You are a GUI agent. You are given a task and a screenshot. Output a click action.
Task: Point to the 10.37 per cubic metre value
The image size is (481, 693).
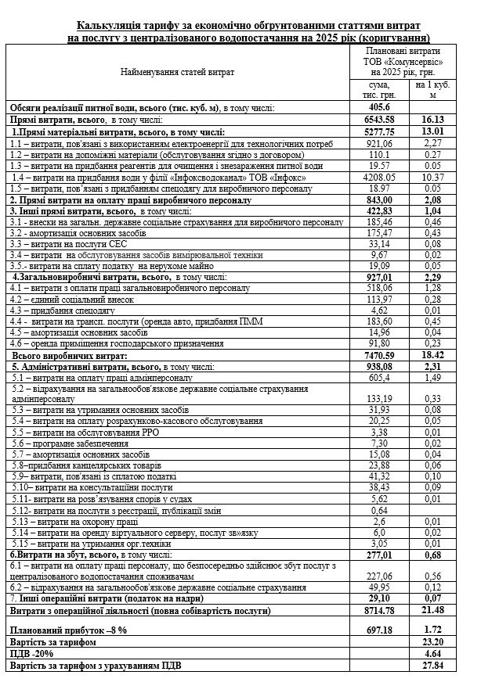[432, 178]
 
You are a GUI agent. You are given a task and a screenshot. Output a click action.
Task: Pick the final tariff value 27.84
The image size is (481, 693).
[432, 665]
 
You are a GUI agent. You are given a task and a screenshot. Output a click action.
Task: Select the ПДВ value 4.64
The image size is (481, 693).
[432, 652]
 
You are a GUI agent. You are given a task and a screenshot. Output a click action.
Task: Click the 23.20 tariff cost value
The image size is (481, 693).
[432, 641]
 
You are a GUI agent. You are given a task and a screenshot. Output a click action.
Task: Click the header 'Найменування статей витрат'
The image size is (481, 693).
[177, 71]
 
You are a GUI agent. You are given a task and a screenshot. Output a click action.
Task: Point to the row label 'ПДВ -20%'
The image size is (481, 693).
[32, 652]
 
